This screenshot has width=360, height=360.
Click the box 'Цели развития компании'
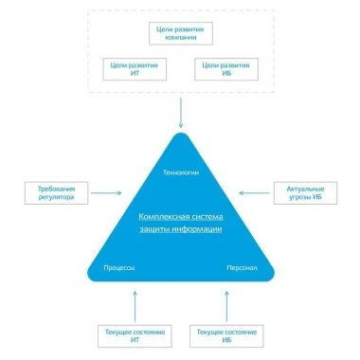pyautogui.click(x=181, y=33)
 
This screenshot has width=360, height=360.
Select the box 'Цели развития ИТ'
pyautogui.click(x=135, y=69)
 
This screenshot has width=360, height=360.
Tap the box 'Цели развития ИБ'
pyautogui.click(x=226, y=69)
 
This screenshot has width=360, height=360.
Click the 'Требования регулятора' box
pyautogui.click(x=56, y=193)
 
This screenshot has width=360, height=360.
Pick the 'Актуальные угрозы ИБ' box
pyautogui.click(x=305, y=193)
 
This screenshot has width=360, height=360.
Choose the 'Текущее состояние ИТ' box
pyautogui.click(x=135, y=336)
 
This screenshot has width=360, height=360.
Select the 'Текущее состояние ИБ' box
pyautogui.click(x=226, y=336)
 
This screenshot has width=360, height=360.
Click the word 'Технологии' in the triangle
pyautogui.click(x=181, y=172)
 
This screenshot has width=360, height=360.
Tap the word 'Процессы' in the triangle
pyautogui.click(x=119, y=268)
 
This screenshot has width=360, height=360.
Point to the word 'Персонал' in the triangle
pyautogui.click(x=242, y=268)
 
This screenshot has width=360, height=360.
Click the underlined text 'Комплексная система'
pyautogui.click(x=181, y=217)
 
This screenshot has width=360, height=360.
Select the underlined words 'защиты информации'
pyautogui.click(x=181, y=229)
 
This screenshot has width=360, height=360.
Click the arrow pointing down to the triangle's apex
pyautogui.click(x=181, y=113)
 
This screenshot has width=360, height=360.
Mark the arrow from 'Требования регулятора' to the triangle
pyautogui.click(x=106, y=193)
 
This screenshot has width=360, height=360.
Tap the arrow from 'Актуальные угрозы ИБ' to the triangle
pyautogui.click(x=254, y=193)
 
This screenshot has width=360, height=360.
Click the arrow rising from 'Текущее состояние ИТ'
pyautogui.click(x=135, y=306)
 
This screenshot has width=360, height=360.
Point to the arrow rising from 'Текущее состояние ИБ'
pyautogui.click(x=226, y=306)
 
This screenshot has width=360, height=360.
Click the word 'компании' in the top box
pyautogui.click(x=181, y=37)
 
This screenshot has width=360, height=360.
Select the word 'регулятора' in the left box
pyautogui.click(x=56, y=197)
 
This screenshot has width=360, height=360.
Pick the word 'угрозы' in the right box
pyautogui.click(x=299, y=197)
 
